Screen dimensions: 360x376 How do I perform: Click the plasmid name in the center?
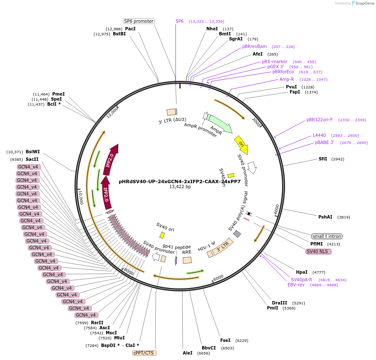pyautogui.click(x=180, y=182)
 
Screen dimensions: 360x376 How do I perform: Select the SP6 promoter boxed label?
pyautogui.click(x=139, y=21)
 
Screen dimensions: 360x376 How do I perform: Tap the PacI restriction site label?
pyautogui.click(x=131, y=29)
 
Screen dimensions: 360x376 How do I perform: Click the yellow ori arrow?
pyautogui.click(x=241, y=144)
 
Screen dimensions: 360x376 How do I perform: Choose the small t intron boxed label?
pyautogui.click(x=327, y=236)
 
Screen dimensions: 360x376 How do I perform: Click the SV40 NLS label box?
pyautogui.click(x=319, y=251)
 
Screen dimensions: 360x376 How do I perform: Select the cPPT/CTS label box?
pyautogui.click(x=144, y=353)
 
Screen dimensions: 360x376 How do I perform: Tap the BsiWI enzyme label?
pyautogui.click(x=33, y=152)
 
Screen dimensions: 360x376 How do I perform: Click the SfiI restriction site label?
pyautogui.click(x=323, y=159)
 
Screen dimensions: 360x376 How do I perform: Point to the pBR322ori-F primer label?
pyautogui.click(x=320, y=120)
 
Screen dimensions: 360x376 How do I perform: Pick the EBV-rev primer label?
pyautogui.click(x=296, y=285)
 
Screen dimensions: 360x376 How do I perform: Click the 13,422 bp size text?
pyautogui.click(x=180, y=187)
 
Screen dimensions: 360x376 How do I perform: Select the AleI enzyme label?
pyautogui.click(x=187, y=353)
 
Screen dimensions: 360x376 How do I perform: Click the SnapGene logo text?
pyautogui.click(x=364, y=3)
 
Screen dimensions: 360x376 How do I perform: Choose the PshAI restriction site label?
pyautogui.click(x=325, y=217)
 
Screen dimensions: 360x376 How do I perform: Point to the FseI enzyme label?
pyautogui.click(x=225, y=340)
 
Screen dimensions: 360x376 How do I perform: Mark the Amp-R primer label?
pyautogui.click(x=287, y=79)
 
